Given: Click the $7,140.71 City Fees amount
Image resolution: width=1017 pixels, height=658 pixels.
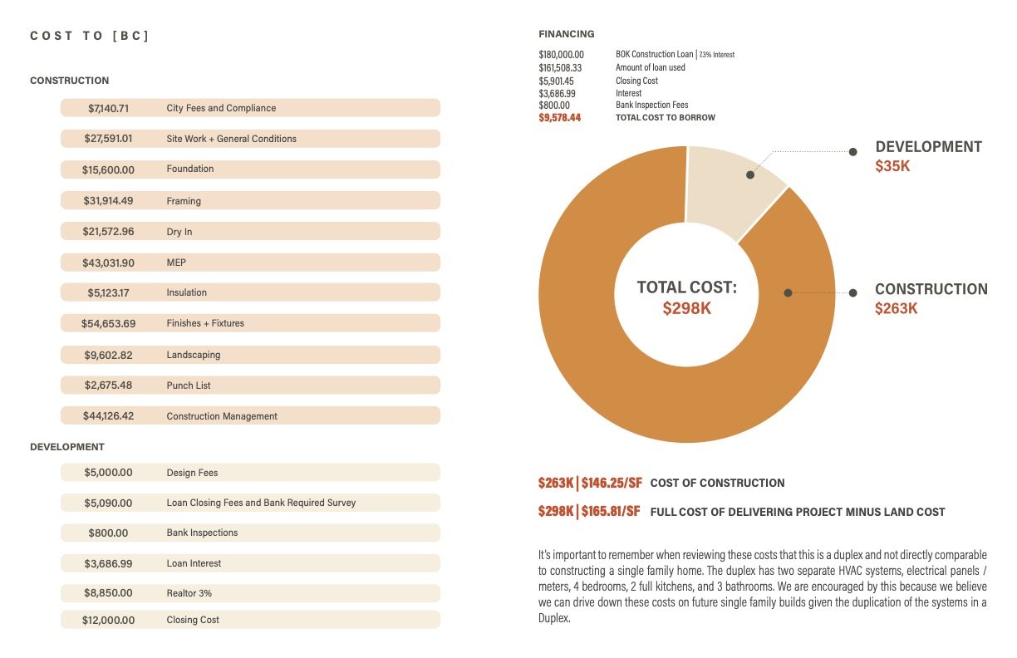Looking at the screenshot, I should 108,108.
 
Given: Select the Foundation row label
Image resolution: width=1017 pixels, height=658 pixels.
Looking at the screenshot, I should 189,169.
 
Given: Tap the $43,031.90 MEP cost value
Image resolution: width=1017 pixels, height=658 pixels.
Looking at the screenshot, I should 108,263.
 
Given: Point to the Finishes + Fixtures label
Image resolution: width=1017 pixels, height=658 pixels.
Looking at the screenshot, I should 205,323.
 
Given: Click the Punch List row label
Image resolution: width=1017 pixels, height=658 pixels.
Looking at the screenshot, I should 189,385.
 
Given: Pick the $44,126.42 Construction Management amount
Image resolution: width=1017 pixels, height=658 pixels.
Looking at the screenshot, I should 108,416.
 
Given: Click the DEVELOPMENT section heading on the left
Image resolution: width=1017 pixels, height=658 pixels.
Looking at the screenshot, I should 67,447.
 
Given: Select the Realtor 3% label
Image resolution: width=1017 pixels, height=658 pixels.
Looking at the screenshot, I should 189,593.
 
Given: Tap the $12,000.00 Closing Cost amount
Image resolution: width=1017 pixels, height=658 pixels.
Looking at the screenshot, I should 108,620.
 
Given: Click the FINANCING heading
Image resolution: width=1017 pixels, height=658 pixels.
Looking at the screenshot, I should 566,34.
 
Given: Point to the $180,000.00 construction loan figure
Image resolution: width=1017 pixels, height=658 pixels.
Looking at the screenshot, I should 561,55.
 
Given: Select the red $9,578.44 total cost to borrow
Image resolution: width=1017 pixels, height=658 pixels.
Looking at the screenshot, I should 559,118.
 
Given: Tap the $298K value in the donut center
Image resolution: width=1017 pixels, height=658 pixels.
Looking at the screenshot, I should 686,308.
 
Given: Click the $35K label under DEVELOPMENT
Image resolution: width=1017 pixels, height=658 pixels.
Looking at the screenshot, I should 892,166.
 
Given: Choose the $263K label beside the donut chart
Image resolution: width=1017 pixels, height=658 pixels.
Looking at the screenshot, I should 896,308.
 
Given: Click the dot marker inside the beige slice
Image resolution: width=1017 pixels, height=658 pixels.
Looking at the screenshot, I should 750,175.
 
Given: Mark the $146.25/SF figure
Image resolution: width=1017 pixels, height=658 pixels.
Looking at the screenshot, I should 611,483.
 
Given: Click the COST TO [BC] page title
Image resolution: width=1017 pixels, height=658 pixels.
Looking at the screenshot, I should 89,36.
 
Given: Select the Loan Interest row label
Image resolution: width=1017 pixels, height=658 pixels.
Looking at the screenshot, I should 194,563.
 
